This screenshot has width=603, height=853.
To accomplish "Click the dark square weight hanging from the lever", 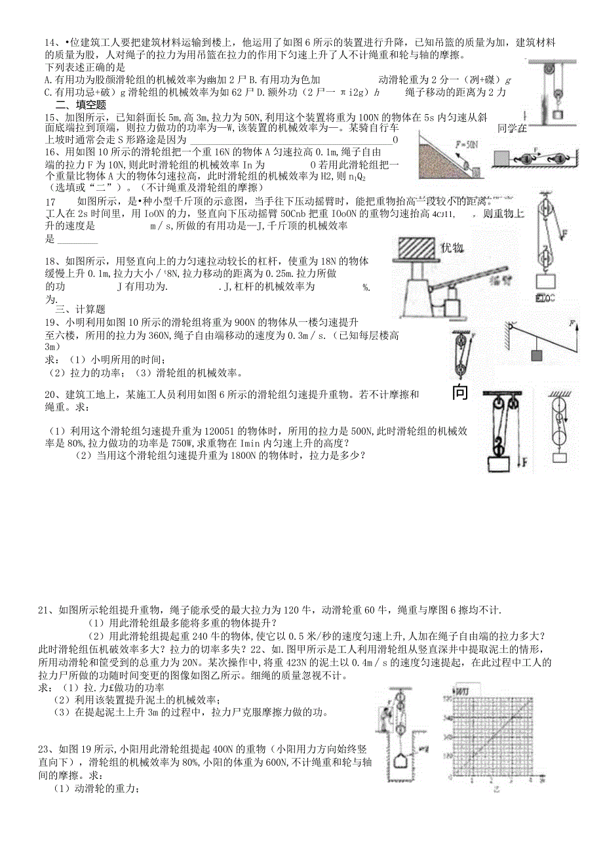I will coord(537,355).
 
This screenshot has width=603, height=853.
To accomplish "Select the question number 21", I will coord(44,611).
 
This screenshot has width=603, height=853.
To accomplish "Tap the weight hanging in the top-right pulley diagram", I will coord(558,115).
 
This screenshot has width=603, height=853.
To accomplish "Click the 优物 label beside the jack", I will coord(452,248).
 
